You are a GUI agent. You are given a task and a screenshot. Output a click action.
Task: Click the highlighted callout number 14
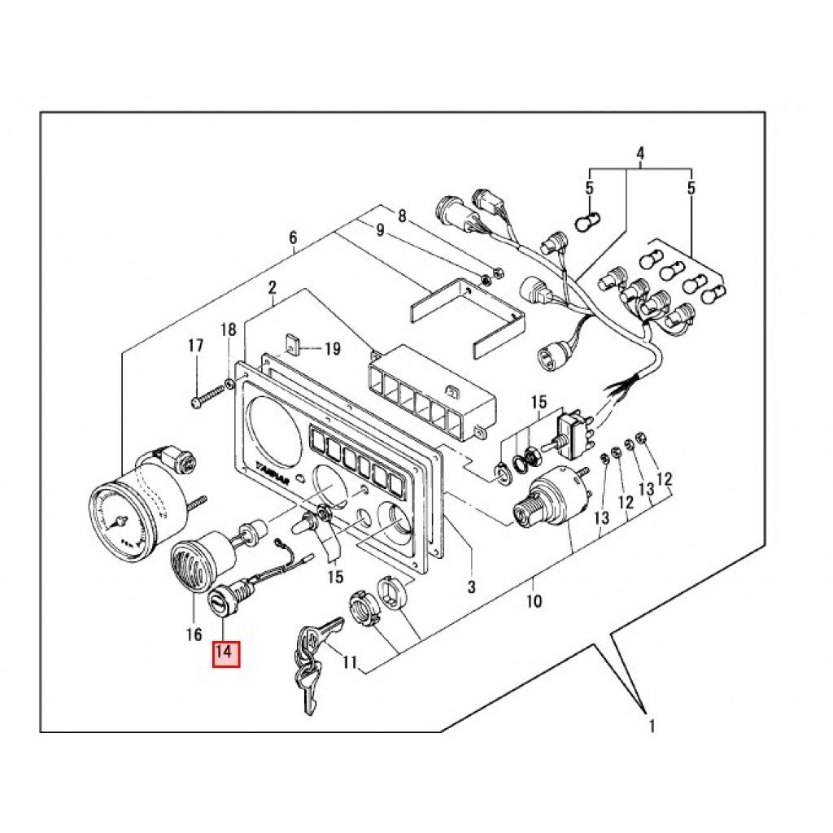(x=226, y=653)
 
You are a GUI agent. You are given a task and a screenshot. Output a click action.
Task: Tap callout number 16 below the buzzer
(x=194, y=634)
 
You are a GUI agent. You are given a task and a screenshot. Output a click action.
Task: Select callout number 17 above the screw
(x=196, y=346)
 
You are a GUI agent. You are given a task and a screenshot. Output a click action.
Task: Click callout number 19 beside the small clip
(x=331, y=350)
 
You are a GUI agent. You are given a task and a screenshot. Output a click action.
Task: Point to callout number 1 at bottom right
(x=651, y=724)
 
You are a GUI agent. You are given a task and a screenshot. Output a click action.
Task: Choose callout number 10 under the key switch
(x=534, y=602)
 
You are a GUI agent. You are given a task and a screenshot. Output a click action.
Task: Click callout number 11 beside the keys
(x=349, y=662)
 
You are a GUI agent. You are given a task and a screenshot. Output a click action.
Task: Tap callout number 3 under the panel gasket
(x=471, y=586)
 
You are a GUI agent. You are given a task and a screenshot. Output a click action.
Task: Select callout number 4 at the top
(x=640, y=153)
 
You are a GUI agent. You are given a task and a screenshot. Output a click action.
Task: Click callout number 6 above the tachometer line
(x=293, y=238)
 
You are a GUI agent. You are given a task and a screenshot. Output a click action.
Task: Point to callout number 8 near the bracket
(x=401, y=216)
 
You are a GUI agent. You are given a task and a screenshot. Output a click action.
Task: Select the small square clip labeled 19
(x=294, y=347)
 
